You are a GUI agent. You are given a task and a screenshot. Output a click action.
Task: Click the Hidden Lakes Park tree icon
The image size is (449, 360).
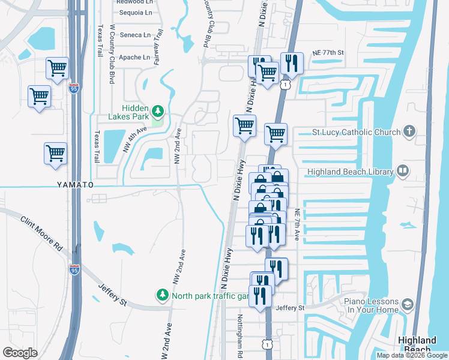[x=158, y=110]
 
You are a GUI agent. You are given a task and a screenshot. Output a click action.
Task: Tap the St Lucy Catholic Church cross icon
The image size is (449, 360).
[x=409, y=131]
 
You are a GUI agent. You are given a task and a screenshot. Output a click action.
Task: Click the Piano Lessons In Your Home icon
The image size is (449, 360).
[x=408, y=304]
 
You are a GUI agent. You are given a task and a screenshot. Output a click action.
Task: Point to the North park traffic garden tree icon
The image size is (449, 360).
[x=162, y=295]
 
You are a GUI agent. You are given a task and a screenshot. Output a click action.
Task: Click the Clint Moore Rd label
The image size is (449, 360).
[x=41, y=235]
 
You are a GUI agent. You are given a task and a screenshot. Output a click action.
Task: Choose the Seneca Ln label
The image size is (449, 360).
[x=136, y=35]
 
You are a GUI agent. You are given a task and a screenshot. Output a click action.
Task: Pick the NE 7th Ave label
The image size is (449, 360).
[x=297, y=225]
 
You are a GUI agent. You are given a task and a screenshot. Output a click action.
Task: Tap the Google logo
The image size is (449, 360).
[x=20, y=353]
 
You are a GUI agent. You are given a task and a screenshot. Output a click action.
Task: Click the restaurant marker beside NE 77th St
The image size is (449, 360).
[x=291, y=63]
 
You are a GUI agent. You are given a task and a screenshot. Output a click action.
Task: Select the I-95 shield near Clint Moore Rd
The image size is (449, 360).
[x=74, y=270]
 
